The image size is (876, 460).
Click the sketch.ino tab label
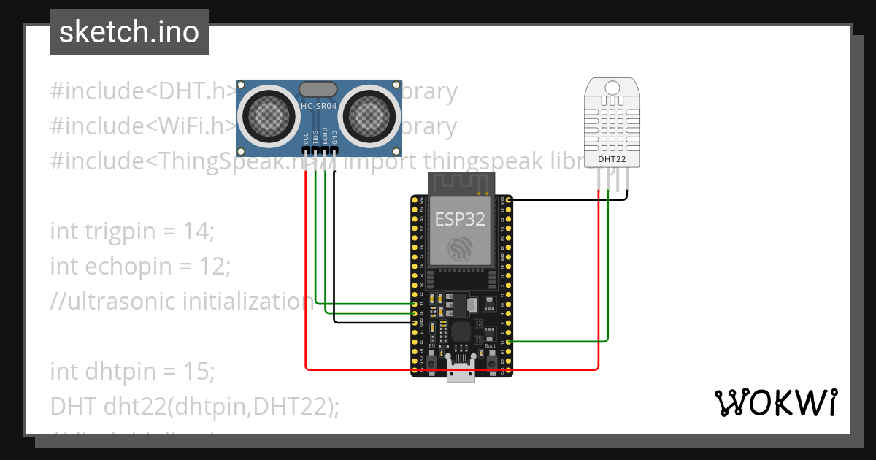(129, 32)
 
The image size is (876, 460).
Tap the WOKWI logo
(775, 402)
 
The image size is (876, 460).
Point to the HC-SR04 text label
(318, 107)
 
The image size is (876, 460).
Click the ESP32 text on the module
(460, 219)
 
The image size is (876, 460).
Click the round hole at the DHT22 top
(612, 88)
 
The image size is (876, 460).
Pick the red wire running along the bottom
(453, 369)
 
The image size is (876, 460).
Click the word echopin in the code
(118, 267)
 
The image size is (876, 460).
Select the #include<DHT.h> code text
(143, 91)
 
